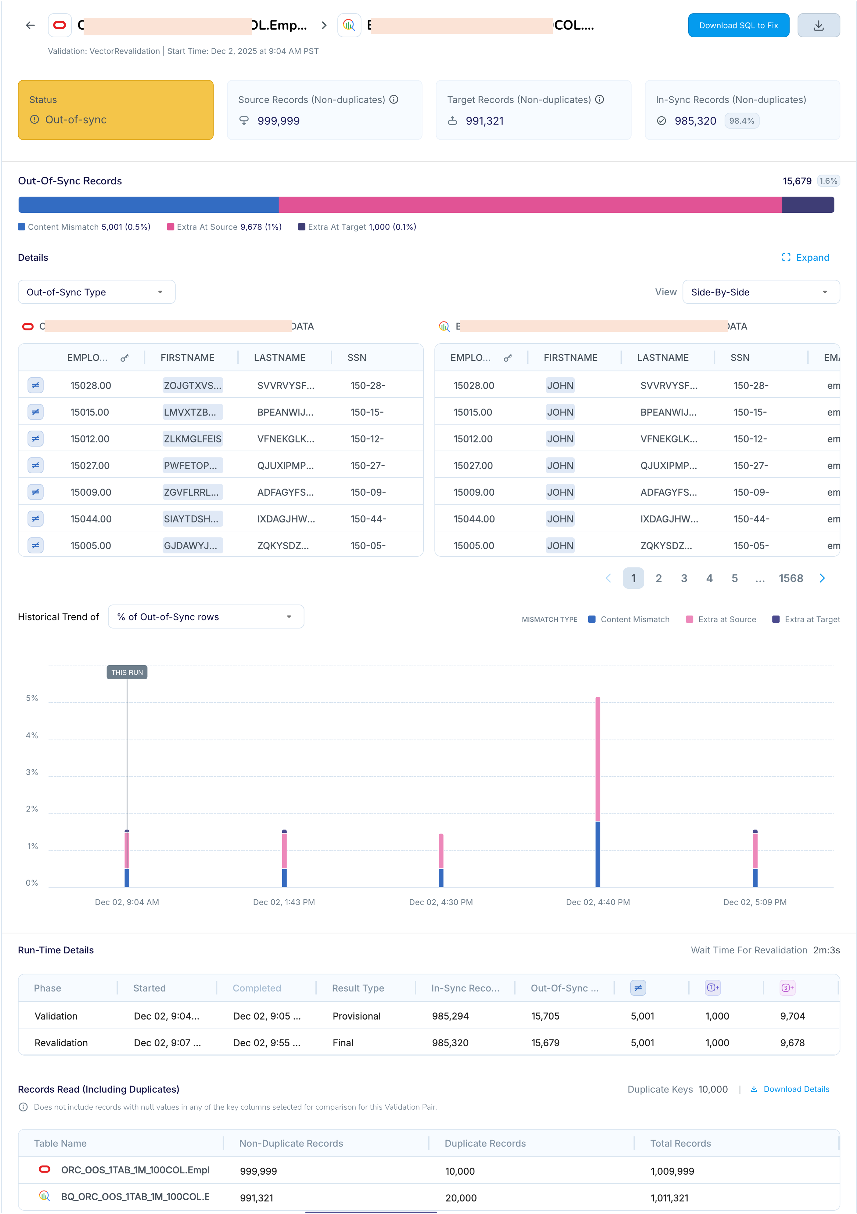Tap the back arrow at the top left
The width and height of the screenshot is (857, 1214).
click(x=30, y=25)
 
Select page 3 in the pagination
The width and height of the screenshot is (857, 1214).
click(x=684, y=578)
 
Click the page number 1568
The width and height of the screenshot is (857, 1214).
click(x=790, y=578)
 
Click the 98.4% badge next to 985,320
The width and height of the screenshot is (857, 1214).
click(x=741, y=121)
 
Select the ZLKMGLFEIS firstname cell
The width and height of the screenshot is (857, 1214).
click(x=193, y=439)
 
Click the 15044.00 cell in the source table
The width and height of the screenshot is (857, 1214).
click(x=91, y=519)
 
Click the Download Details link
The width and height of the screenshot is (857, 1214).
click(x=796, y=1089)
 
